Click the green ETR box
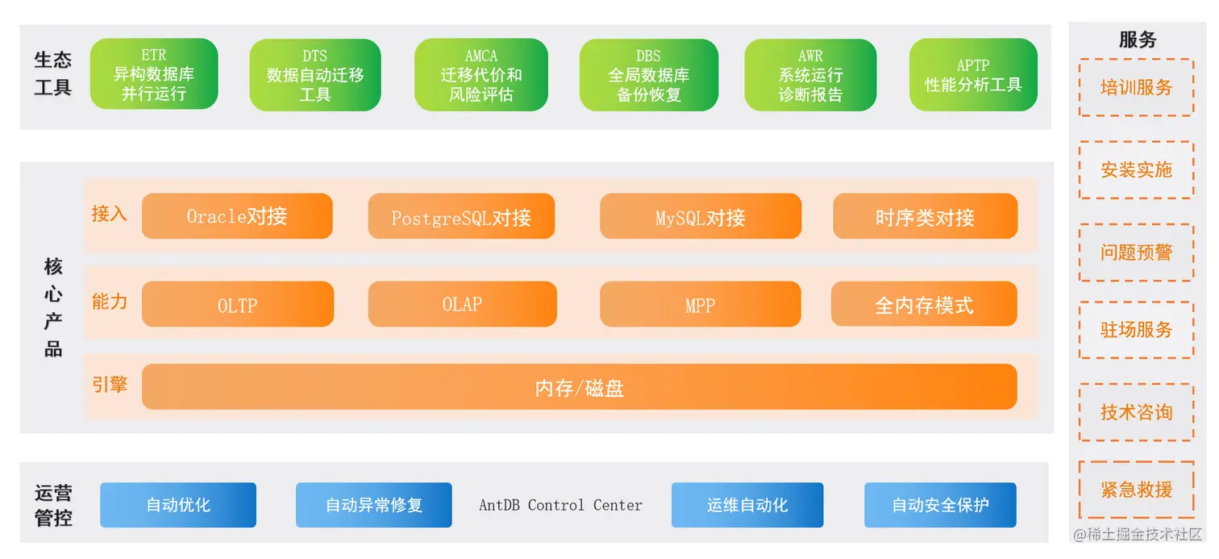click(154, 75)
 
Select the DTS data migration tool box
click(315, 75)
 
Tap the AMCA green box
click(481, 75)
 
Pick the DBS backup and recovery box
click(648, 75)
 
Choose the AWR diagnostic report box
click(810, 75)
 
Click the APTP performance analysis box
click(973, 75)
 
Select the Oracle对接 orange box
click(237, 216)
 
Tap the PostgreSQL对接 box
click(461, 216)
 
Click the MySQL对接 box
click(700, 216)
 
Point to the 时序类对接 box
click(925, 216)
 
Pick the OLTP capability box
click(237, 304)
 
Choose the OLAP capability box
click(462, 304)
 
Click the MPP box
click(700, 304)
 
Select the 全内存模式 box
click(924, 304)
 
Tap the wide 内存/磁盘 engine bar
click(579, 387)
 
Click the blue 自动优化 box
click(178, 505)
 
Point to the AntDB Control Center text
click(560, 505)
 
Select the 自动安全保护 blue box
click(940, 505)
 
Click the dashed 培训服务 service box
click(1136, 87)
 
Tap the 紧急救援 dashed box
click(1136, 490)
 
